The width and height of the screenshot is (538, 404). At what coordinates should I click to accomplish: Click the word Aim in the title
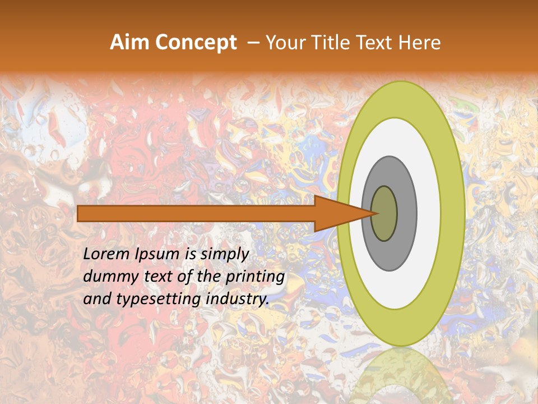130,43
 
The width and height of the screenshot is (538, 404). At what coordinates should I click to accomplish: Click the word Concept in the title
196,43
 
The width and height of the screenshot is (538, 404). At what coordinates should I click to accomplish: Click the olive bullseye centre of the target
385,214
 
